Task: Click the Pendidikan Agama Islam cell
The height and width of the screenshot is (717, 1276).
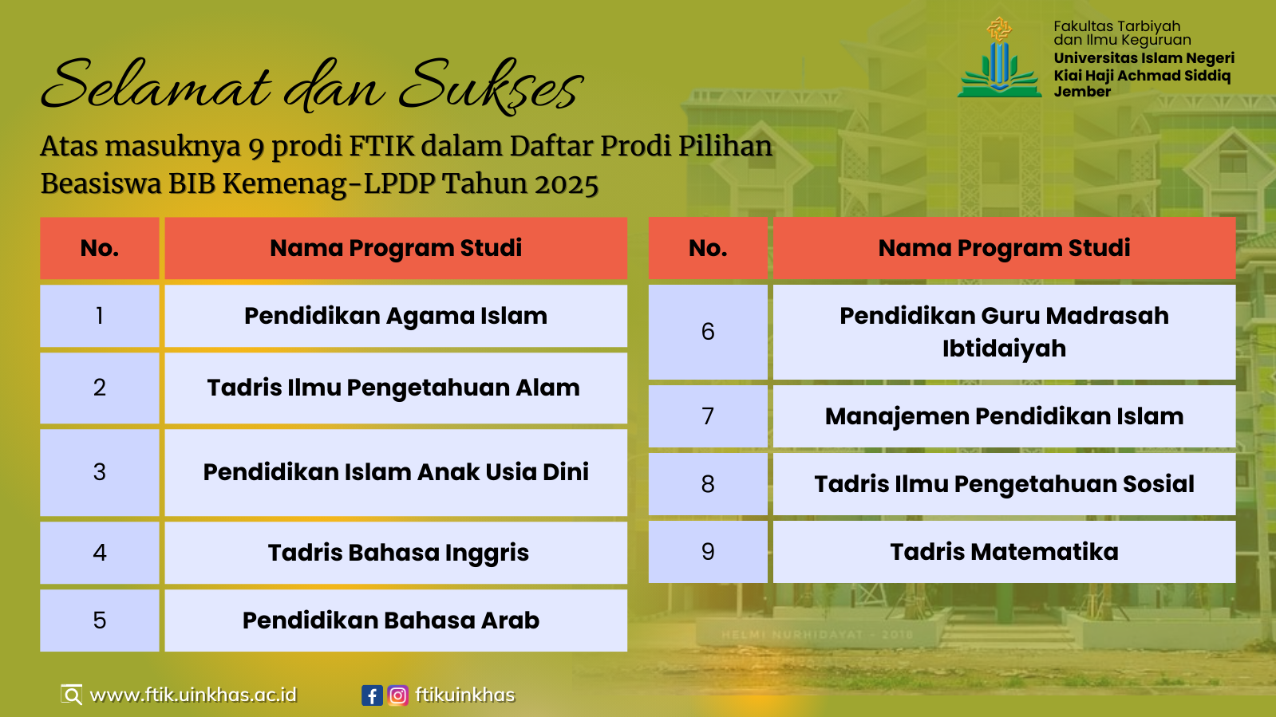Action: (396, 316)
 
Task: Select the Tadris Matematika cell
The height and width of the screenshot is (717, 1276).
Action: (1004, 551)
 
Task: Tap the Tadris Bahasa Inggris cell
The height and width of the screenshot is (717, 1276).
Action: (396, 553)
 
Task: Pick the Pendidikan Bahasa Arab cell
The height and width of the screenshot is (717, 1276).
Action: (396, 620)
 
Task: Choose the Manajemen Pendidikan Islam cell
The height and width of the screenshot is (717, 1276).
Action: (1004, 416)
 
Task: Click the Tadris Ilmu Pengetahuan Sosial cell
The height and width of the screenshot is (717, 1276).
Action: (1004, 484)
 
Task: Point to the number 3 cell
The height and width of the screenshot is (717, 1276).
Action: (100, 472)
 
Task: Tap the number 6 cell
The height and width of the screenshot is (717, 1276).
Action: (708, 332)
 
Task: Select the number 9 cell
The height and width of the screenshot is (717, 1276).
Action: (708, 551)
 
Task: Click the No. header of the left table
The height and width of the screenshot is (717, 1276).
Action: (100, 248)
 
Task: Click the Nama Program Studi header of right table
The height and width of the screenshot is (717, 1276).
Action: (1004, 248)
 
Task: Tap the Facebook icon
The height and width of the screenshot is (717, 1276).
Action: (372, 695)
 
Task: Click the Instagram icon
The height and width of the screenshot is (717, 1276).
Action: (397, 695)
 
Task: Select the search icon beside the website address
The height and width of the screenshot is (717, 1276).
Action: (72, 695)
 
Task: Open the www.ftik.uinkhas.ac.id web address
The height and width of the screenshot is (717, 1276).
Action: (193, 695)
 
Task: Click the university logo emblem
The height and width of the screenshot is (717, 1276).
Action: (1000, 57)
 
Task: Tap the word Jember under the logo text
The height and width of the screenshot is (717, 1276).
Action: (1082, 92)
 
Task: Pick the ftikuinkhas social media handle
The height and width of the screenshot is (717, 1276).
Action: (464, 695)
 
